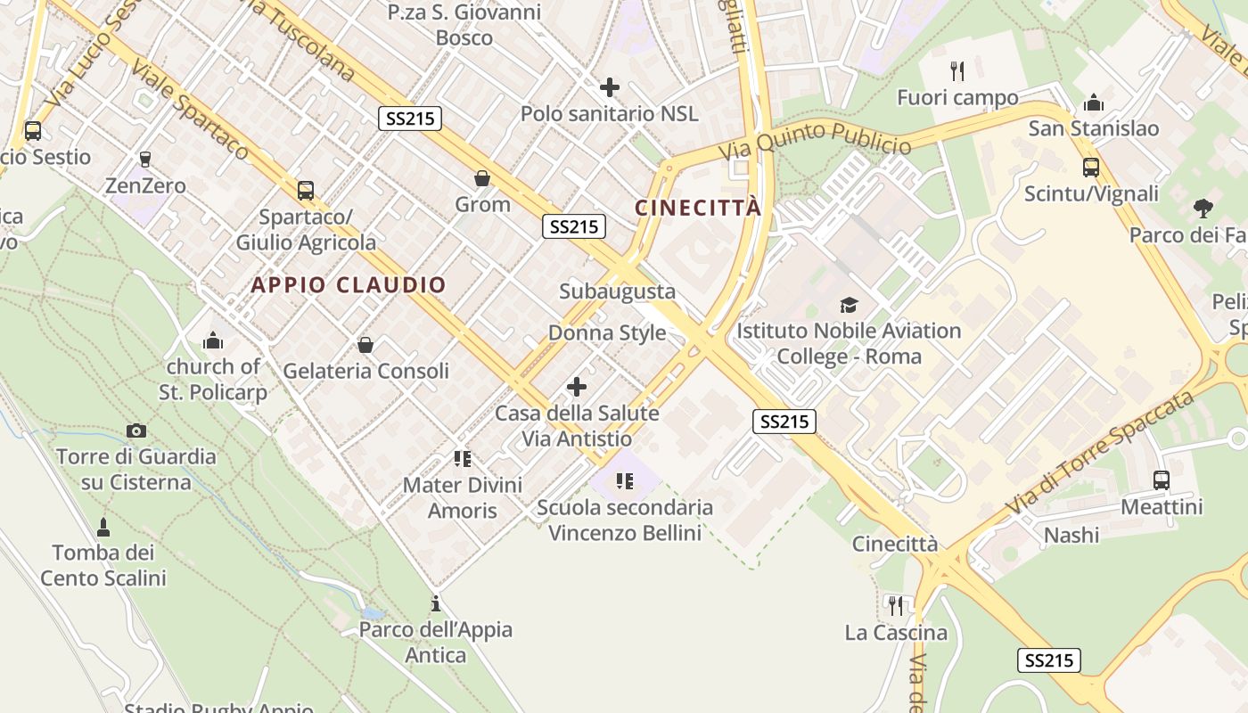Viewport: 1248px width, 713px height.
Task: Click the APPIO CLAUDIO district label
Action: [x=349, y=285]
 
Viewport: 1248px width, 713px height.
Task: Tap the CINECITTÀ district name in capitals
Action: [x=698, y=208]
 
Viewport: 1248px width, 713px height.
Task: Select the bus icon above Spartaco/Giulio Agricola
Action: [x=306, y=190]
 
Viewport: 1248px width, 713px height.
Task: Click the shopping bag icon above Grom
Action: [x=482, y=178]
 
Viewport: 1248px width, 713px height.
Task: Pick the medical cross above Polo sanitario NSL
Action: [x=610, y=87]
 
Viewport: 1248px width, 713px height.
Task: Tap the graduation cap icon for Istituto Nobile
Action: [x=849, y=305]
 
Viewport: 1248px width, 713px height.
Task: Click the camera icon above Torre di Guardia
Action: [x=136, y=431]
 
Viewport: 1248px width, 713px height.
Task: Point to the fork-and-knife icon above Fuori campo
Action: [x=958, y=71]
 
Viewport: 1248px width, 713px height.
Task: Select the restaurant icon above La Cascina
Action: [x=896, y=606]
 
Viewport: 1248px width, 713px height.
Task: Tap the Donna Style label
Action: [x=607, y=332]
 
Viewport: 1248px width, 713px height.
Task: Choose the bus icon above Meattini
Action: [x=1162, y=479]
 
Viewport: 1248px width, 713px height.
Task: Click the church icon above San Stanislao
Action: [x=1094, y=102]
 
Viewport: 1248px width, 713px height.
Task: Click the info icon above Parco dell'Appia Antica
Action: [x=435, y=603]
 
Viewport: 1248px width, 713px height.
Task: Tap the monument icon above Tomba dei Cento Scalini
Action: [x=103, y=527]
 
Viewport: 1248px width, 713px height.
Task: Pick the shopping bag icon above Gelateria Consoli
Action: [x=365, y=344]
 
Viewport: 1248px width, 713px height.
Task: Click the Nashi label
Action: [x=1071, y=535]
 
